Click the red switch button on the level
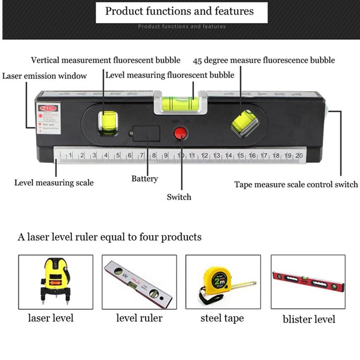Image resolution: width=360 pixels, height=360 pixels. point(180,133)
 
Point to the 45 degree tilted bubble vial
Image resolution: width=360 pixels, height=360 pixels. point(245,122)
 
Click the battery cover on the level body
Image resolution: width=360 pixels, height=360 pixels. point(147,133)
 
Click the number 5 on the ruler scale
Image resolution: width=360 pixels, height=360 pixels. point(118,155)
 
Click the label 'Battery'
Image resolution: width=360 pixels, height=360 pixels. point(144,179)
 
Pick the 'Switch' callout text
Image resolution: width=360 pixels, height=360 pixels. point(179,197)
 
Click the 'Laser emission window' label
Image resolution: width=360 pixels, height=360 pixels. point(44,76)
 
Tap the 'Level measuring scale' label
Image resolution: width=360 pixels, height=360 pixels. point(54,183)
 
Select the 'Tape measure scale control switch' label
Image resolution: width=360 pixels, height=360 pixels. point(296,185)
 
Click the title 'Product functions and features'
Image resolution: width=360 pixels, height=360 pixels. point(179,11)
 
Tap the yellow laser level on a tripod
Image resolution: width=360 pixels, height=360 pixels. point(56,280)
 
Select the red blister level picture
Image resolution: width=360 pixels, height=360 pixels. point(308,282)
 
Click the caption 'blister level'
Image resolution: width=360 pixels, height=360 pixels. point(309,319)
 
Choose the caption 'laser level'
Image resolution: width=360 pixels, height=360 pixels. point(51,318)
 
